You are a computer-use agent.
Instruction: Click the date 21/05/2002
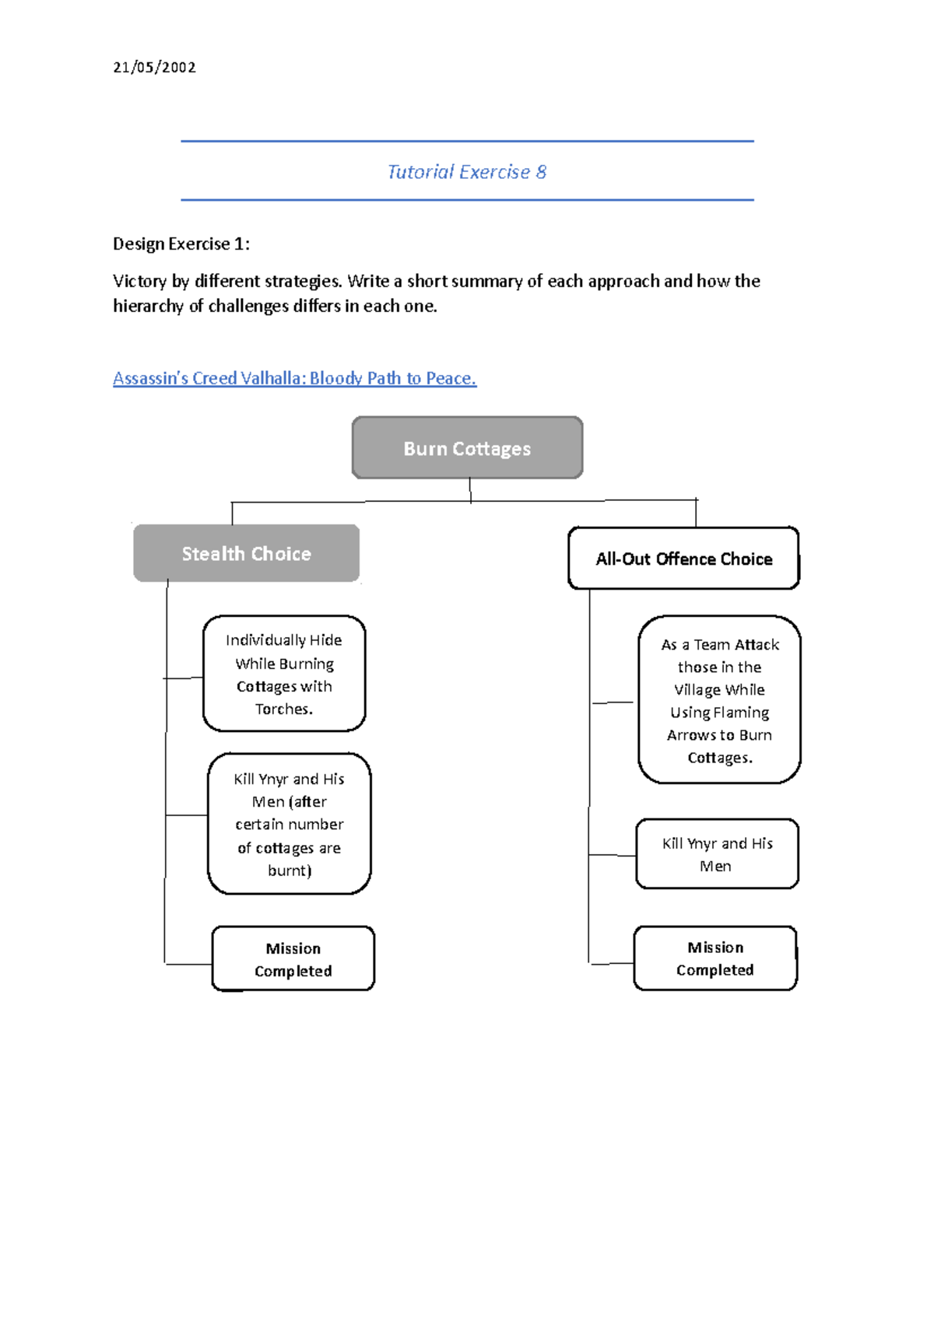(x=154, y=67)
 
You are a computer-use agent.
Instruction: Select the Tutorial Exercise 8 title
(x=467, y=172)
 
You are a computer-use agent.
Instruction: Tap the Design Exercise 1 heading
(x=181, y=244)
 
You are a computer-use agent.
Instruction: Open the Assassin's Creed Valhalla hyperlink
(x=294, y=378)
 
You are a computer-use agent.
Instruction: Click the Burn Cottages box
(x=467, y=448)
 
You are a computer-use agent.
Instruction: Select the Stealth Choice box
(x=246, y=553)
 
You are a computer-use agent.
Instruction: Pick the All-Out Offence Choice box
(x=683, y=559)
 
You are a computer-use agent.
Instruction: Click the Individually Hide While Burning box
(x=284, y=674)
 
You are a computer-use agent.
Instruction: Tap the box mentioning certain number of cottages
(x=289, y=824)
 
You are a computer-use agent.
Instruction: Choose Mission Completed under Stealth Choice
(x=293, y=959)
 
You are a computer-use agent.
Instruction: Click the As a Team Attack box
(x=719, y=700)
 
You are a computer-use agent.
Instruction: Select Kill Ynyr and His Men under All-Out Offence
(x=717, y=854)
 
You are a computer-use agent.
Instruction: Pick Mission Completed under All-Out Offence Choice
(x=715, y=958)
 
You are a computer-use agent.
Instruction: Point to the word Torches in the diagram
(x=283, y=709)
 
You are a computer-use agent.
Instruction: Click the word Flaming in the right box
(x=741, y=713)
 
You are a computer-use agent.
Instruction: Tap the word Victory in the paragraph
(x=139, y=281)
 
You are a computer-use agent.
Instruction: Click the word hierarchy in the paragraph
(x=148, y=306)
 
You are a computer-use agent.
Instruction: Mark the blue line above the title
(x=467, y=142)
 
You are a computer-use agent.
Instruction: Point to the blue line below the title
(x=467, y=200)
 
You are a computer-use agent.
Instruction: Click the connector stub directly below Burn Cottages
(x=470, y=490)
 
